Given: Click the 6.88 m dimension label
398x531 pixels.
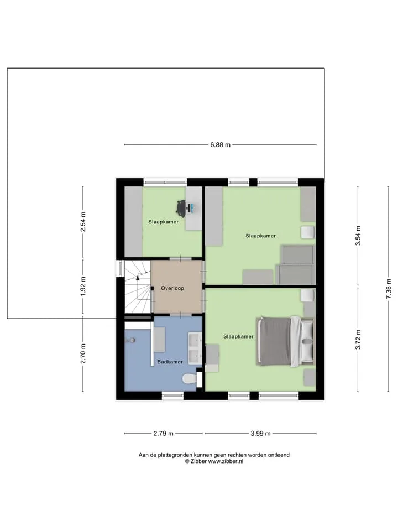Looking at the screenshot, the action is pyautogui.click(x=221, y=145).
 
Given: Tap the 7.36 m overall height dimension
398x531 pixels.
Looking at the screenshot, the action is pyautogui.click(x=389, y=289).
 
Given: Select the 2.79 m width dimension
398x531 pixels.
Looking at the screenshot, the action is pyautogui.click(x=164, y=434).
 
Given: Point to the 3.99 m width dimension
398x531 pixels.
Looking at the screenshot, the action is pyautogui.click(x=260, y=434).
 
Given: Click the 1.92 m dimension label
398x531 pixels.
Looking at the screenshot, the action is pyautogui.click(x=83, y=286).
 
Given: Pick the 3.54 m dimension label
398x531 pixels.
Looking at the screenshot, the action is pyautogui.click(x=358, y=236).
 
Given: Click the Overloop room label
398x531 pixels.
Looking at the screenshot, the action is pyautogui.click(x=172, y=288).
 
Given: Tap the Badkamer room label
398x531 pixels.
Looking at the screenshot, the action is pyautogui.click(x=170, y=362).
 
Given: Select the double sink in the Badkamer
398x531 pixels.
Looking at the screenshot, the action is pyautogui.click(x=195, y=348).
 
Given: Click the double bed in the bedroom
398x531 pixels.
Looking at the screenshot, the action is pyautogui.click(x=285, y=342).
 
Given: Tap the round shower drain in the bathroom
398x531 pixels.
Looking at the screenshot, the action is pyautogui.click(x=133, y=340).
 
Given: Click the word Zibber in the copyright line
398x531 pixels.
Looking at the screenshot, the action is pyautogui.click(x=198, y=461).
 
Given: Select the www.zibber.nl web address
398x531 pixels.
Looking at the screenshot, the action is pyautogui.click(x=226, y=461).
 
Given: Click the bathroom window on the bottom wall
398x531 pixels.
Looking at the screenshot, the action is pyautogui.click(x=172, y=395).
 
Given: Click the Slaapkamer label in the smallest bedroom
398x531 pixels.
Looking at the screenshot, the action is pyautogui.click(x=164, y=222).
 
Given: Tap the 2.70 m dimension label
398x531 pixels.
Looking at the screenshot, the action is pyautogui.click(x=83, y=354).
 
